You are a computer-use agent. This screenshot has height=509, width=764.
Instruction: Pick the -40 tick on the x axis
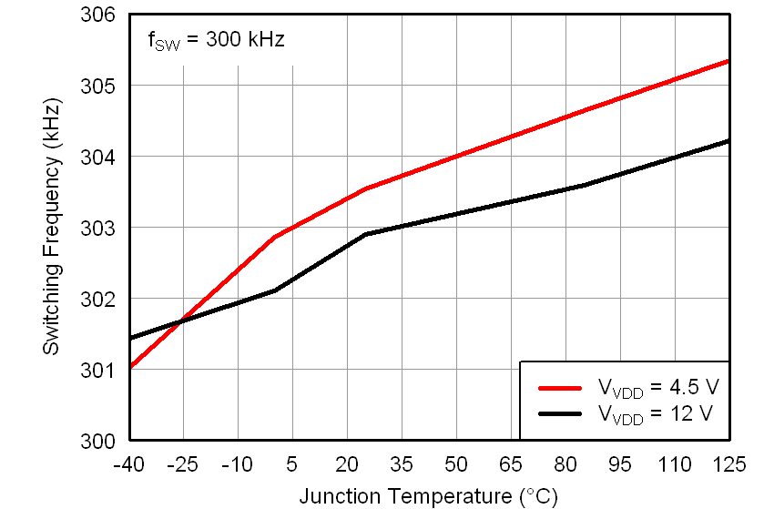128,465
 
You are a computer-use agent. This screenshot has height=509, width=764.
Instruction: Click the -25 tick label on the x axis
183,465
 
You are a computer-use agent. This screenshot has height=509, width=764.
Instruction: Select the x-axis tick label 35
402,465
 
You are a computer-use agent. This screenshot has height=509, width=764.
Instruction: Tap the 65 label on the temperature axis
511,465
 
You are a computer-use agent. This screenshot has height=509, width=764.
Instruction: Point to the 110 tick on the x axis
675,465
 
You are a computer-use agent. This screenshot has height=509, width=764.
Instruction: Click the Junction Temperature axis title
428,496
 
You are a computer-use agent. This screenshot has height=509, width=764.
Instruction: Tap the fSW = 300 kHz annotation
216,40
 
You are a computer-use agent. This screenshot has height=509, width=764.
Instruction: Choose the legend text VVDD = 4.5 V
657,388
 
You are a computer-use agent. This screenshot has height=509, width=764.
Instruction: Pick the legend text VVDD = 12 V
655,414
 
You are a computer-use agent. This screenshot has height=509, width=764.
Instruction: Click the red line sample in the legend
560,387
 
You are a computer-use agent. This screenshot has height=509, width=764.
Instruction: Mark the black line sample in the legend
560,413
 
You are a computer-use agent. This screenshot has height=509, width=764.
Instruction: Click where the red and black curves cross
183,321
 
